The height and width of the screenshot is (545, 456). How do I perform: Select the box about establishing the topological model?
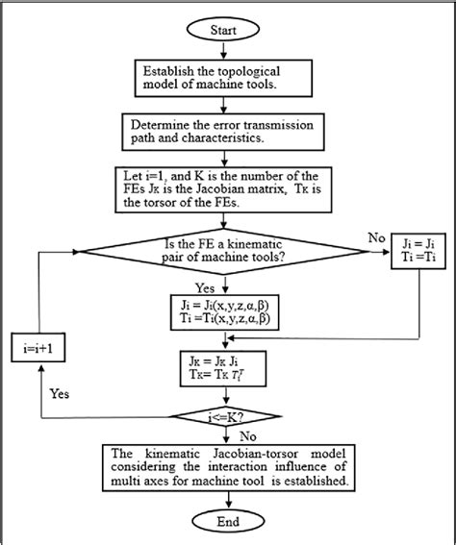(227, 78)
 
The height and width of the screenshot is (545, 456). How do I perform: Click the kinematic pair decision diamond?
(227, 254)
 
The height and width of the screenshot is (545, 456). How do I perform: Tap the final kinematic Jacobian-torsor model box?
(227, 467)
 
